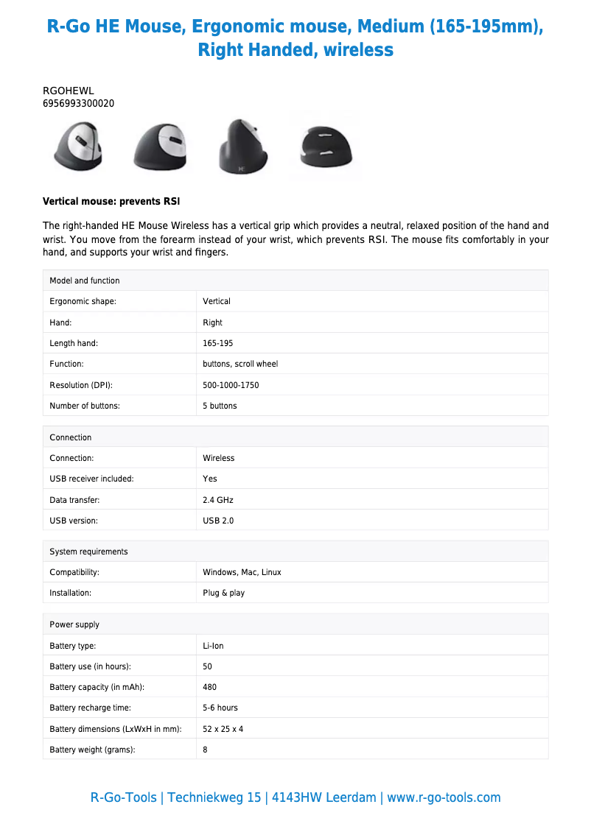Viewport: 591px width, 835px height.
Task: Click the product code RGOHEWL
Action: click(69, 91)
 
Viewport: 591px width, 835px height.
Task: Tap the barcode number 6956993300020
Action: click(79, 103)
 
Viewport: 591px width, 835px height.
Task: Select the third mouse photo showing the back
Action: click(242, 147)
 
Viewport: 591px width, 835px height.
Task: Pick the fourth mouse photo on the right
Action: click(324, 147)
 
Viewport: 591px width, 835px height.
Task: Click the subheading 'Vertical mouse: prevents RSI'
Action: click(111, 201)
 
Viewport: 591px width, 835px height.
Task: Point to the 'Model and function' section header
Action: click(85, 281)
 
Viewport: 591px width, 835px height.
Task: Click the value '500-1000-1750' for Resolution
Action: click(231, 385)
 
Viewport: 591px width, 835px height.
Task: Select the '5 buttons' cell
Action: click(220, 406)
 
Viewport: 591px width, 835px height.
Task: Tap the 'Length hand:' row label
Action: click(74, 343)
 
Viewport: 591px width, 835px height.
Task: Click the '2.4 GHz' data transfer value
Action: click(217, 500)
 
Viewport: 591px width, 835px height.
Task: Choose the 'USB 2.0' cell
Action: click(218, 521)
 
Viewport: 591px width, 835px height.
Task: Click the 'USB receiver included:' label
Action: click(91, 479)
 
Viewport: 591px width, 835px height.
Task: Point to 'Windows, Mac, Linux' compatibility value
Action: click(242, 572)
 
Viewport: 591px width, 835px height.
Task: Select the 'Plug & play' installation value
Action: click(223, 593)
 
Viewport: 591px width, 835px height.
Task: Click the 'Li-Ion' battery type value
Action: click(213, 646)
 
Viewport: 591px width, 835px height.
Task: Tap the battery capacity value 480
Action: click(209, 687)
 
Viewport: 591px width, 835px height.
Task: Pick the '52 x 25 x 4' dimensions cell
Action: click(223, 729)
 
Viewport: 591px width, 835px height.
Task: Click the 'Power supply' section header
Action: click(74, 624)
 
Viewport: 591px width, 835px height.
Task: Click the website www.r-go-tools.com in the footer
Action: click(444, 797)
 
